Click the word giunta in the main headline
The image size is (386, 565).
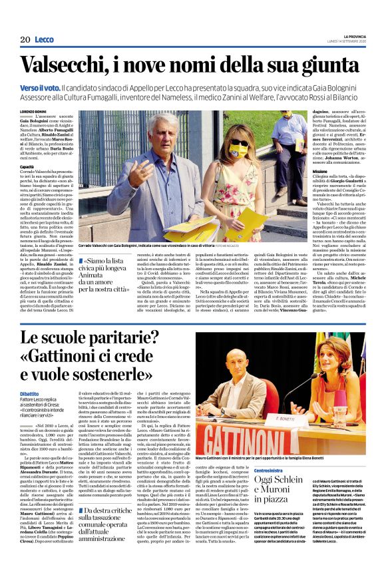click(x=333, y=65)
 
